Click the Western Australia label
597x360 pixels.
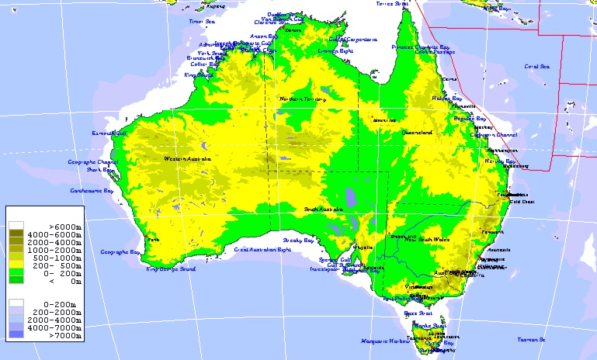[x=187, y=159]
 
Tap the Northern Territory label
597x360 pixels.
[x=303, y=99]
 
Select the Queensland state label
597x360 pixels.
[x=416, y=133]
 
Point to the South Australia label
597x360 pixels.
[x=323, y=209]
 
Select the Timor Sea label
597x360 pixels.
[x=201, y=22]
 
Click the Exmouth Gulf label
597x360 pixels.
[x=109, y=133]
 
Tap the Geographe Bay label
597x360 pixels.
[x=120, y=252]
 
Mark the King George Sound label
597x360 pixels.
[x=171, y=269]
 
